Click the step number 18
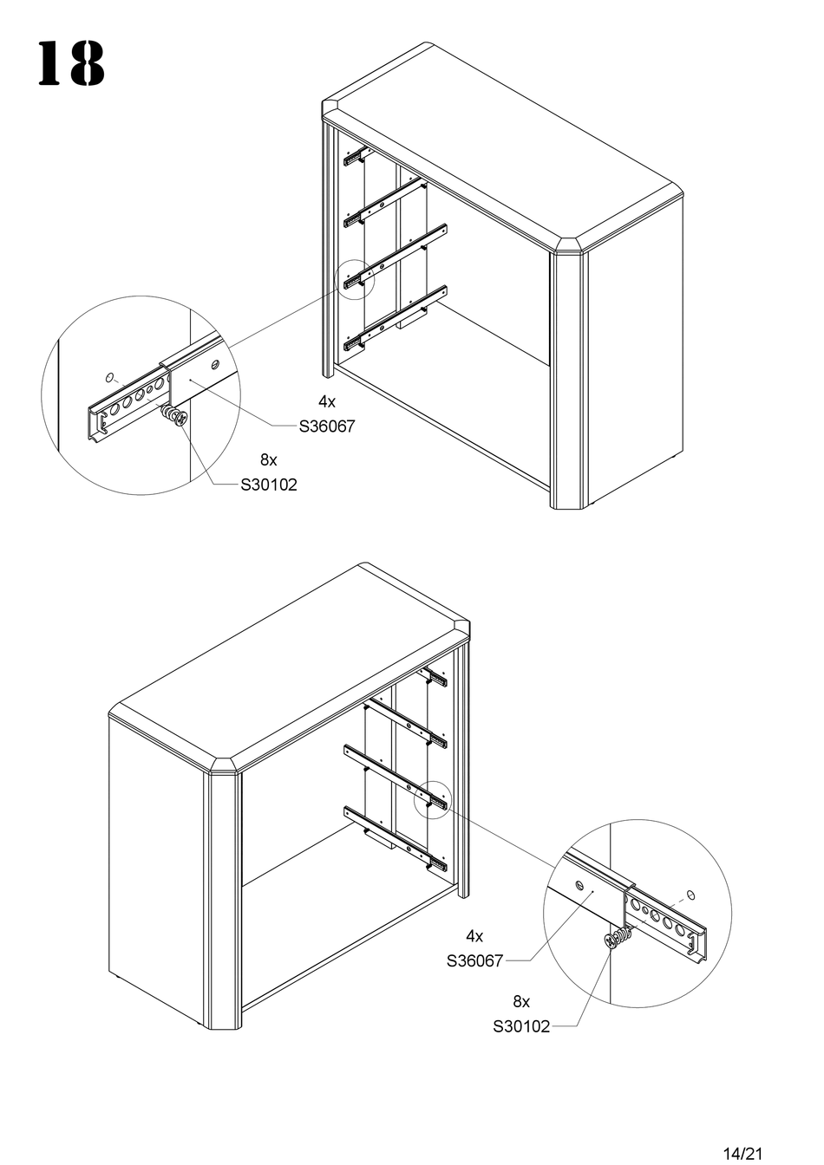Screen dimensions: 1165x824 (x=70, y=64)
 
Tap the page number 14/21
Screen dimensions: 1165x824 (x=742, y=1153)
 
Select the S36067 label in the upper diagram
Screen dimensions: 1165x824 (x=327, y=426)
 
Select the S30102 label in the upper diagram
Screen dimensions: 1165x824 (x=269, y=485)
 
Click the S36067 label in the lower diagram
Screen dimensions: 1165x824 (x=474, y=960)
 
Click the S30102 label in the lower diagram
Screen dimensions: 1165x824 (x=521, y=1026)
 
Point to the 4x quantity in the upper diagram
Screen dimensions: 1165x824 (x=326, y=402)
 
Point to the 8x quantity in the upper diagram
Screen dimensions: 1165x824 (x=268, y=459)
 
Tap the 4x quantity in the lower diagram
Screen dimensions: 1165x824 (x=474, y=936)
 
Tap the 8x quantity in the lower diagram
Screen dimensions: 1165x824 (x=520, y=1001)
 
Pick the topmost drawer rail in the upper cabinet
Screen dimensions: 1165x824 (x=356, y=157)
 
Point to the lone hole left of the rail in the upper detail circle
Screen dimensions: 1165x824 (x=110, y=376)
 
